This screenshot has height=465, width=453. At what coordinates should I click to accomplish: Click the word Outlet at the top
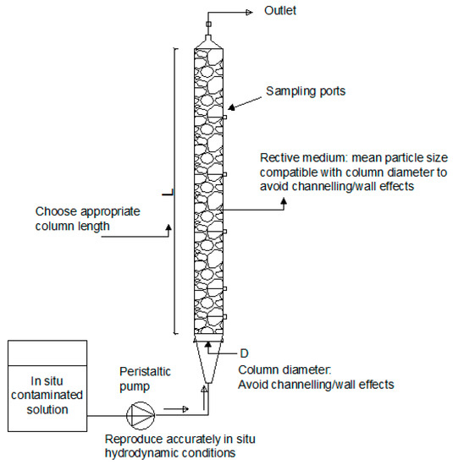(x=281, y=11)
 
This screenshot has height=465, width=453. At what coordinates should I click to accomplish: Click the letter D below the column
(x=242, y=349)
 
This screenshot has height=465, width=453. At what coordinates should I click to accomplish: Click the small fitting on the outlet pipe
(x=209, y=25)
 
